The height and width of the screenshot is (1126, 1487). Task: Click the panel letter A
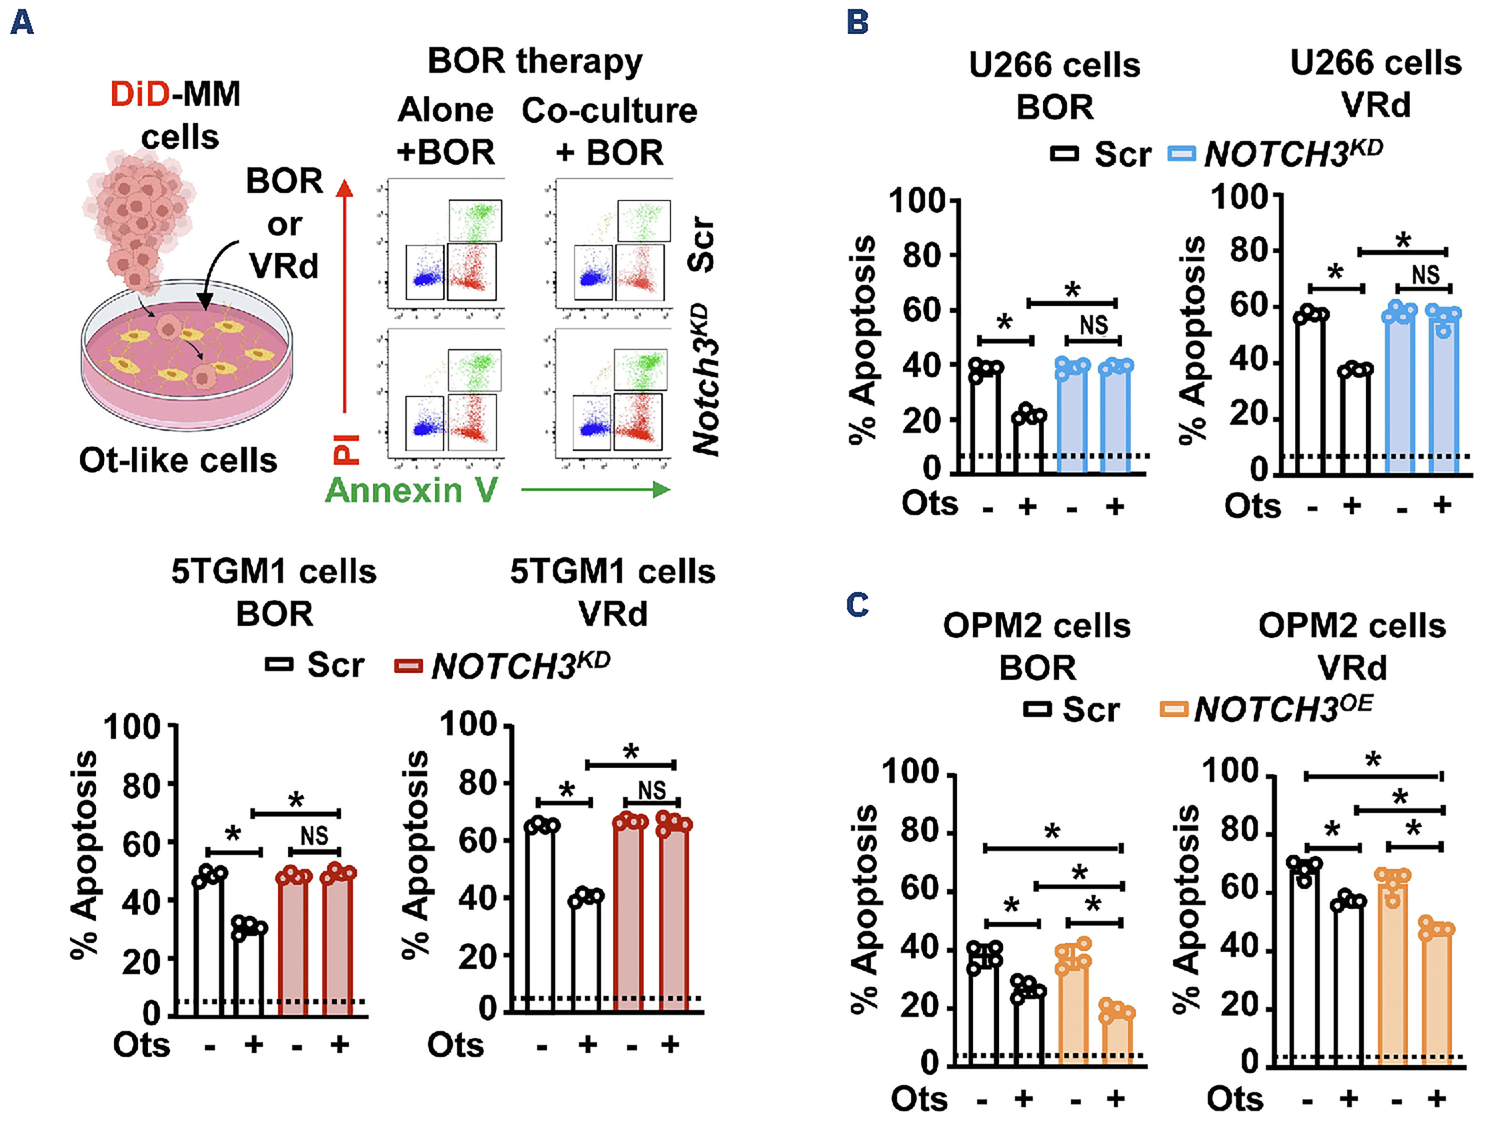coord(22,23)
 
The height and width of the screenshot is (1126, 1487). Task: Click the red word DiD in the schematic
coord(140,94)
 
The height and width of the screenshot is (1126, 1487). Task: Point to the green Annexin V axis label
coord(412,490)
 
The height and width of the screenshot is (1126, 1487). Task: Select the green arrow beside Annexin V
coord(596,490)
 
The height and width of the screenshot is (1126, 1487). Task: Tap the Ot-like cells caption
coord(178,461)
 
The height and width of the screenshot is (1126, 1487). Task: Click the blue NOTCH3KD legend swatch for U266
coord(1181,154)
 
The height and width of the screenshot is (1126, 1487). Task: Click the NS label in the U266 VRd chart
coord(1425,274)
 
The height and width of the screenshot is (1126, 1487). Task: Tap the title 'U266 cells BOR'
coord(1054,86)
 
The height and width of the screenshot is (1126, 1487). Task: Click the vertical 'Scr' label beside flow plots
coord(701,243)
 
